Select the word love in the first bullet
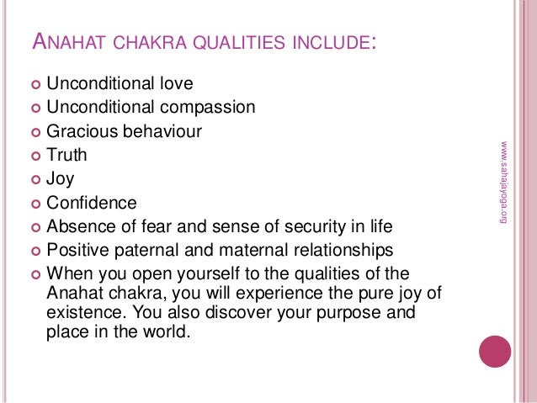click(x=173, y=84)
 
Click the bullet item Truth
click(x=66, y=156)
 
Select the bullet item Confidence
click(x=91, y=203)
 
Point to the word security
click(x=313, y=226)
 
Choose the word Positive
click(x=78, y=250)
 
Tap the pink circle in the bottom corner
click(x=495, y=348)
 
